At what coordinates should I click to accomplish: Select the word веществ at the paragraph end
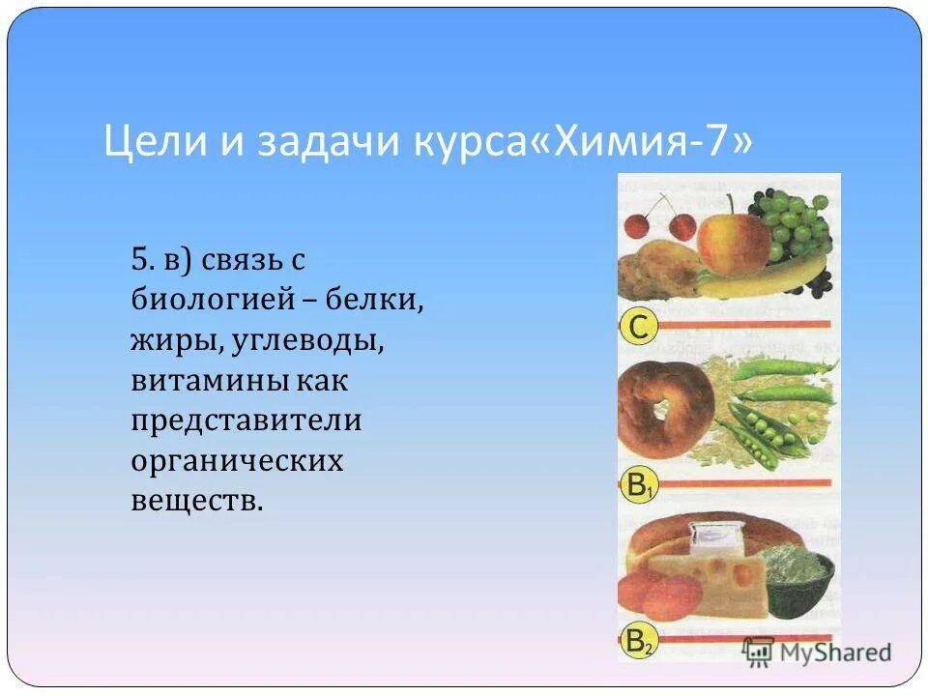(x=196, y=502)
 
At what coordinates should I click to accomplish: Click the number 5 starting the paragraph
(x=142, y=259)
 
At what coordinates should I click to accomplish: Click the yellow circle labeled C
(x=638, y=328)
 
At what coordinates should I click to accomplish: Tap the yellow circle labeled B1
(x=637, y=487)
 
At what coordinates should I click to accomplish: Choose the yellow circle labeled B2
(x=637, y=643)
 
